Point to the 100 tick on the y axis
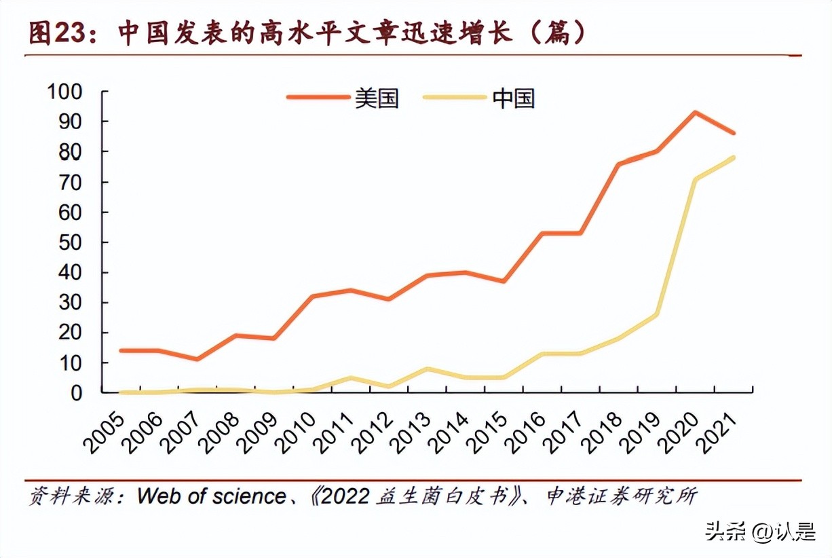coord(64,91)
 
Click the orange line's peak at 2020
coord(695,112)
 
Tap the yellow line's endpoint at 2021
coord(734,157)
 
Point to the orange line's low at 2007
coord(197,359)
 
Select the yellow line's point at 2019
coord(656,314)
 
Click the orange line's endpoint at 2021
coord(734,133)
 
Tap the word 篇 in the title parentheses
coord(561,33)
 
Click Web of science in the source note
coord(211,496)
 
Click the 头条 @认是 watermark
coord(760,531)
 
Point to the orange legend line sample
coord(318,98)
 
